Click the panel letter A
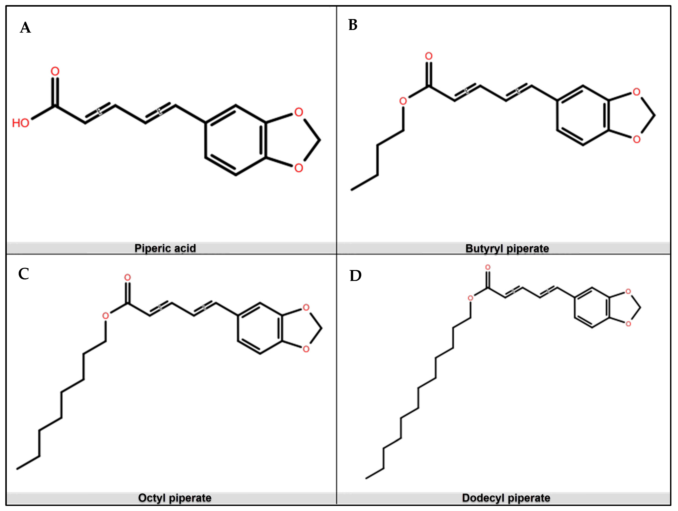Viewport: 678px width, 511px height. pyautogui.click(x=25, y=28)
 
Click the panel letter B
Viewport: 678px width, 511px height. pyautogui.click(x=353, y=25)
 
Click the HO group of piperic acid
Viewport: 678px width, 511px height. pyautogui.click(x=21, y=123)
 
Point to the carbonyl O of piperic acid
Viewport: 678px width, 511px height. pyautogui.click(x=55, y=71)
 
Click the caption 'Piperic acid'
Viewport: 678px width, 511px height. pyautogui.click(x=165, y=248)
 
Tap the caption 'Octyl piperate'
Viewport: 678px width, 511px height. pyautogui.click(x=175, y=498)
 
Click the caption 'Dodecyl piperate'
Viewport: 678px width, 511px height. pyautogui.click(x=506, y=498)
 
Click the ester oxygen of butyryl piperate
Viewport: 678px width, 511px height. pyautogui.click(x=403, y=101)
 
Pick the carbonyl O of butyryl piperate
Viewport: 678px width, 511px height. pyautogui.click(x=429, y=56)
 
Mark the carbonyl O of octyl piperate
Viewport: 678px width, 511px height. pyautogui.click(x=128, y=277)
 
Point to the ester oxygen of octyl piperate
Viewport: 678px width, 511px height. pyautogui.click(x=106, y=316)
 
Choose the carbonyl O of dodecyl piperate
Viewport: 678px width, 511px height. pyautogui.click(x=488, y=267)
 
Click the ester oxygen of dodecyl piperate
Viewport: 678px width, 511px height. pyautogui.click(x=471, y=298)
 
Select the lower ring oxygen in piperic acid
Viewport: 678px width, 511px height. pyautogui.click(x=299, y=168)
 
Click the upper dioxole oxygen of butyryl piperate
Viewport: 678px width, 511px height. pyautogui.click(x=637, y=92)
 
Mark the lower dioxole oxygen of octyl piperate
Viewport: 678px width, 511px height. pyautogui.click(x=306, y=349)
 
